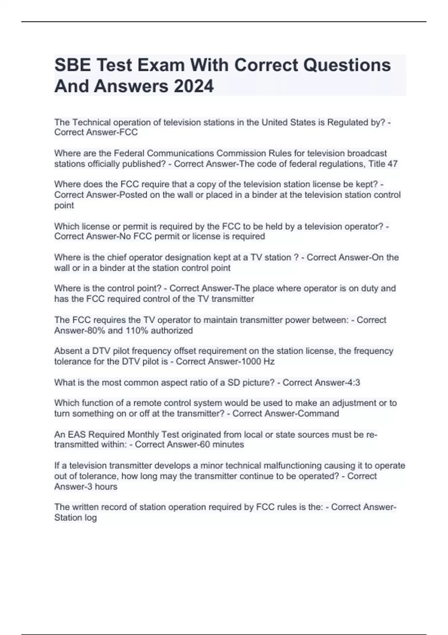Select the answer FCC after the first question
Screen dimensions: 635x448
(x=128, y=133)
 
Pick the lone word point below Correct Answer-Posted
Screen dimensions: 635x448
(x=64, y=205)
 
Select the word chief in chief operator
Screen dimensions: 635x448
(x=116, y=257)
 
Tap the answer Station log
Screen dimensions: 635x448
(x=75, y=518)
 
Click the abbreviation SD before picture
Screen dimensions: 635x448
(x=234, y=382)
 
